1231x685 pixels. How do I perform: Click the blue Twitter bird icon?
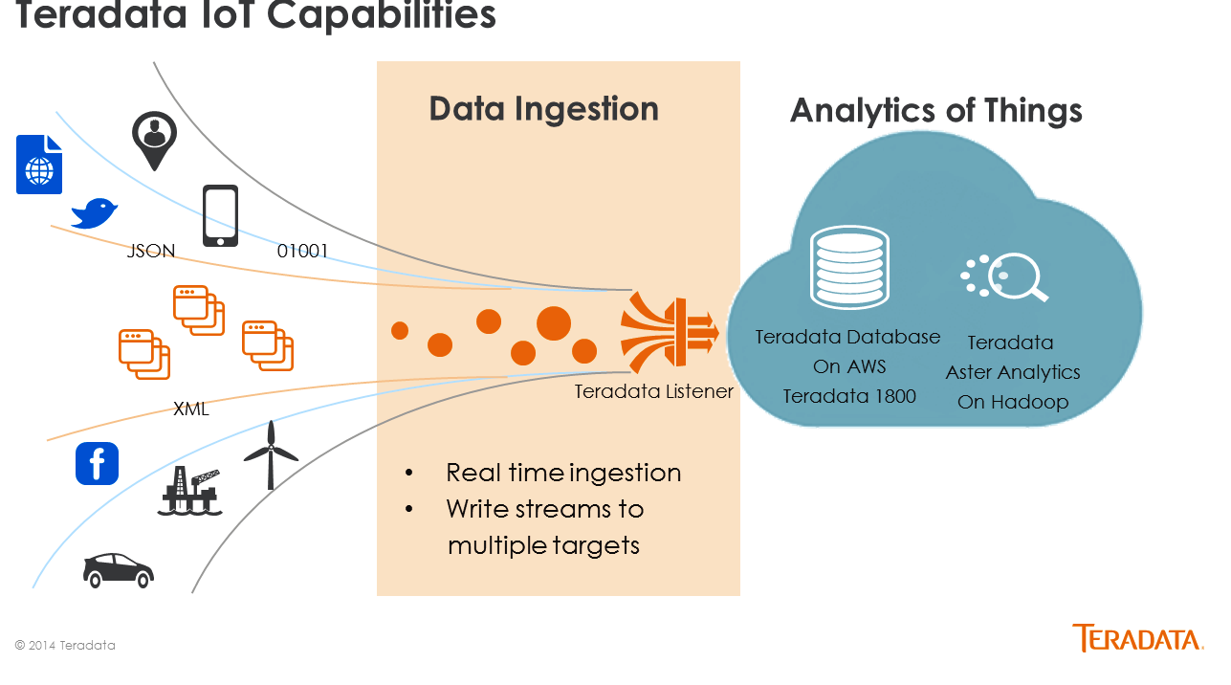(x=95, y=213)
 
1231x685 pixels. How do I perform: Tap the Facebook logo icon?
(x=97, y=463)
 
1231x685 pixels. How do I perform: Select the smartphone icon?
(x=220, y=215)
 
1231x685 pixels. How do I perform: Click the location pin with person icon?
(x=154, y=141)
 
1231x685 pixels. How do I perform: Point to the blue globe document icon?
(x=39, y=165)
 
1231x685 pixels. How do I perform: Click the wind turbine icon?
(x=271, y=455)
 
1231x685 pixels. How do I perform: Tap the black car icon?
(x=119, y=570)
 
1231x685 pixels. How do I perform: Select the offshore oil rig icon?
(x=190, y=491)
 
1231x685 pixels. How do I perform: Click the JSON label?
(x=150, y=252)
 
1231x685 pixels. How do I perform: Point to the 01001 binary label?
(x=302, y=252)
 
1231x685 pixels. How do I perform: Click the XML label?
(x=190, y=409)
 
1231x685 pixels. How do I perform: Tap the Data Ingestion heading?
(x=543, y=109)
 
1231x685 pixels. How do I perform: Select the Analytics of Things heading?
(x=935, y=111)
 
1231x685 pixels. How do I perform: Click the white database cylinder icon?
(x=849, y=267)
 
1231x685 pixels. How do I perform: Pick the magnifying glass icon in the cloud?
(x=1005, y=276)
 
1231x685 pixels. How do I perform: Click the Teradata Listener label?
(x=654, y=391)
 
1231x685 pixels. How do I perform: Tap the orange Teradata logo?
(x=1137, y=638)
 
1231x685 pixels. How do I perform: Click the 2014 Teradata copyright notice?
(x=65, y=646)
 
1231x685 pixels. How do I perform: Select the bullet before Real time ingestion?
(x=408, y=473)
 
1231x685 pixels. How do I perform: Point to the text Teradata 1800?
(x=849, y=396)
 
